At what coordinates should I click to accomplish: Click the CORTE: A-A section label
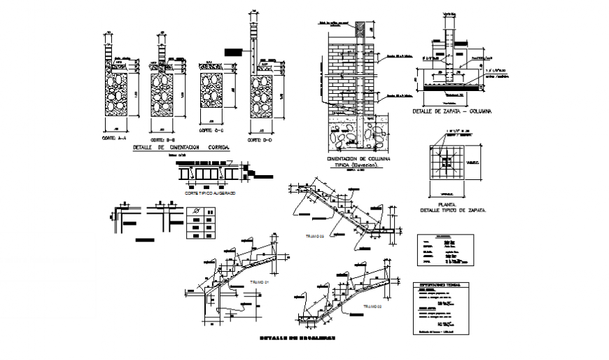tap(113, 138)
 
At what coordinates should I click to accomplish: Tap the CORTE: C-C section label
tap(211, 130)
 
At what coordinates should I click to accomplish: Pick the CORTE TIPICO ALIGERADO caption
tap(210, 192)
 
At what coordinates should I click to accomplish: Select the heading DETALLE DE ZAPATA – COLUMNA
tap(452, 111)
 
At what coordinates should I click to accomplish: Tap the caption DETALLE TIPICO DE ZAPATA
tap(451, 210)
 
